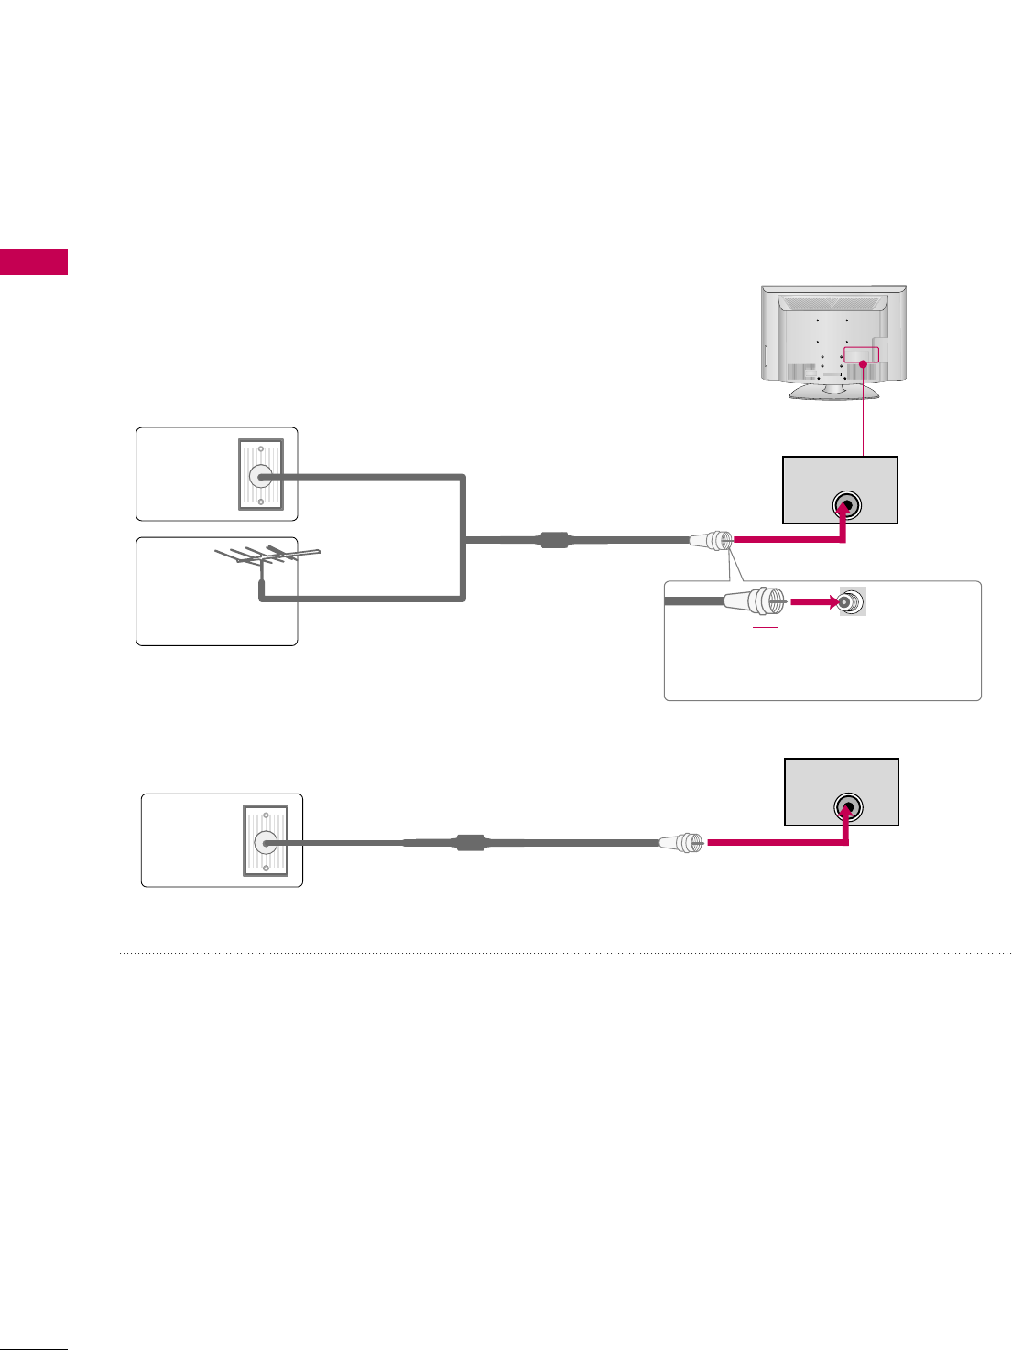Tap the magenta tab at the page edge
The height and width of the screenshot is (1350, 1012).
pos(34,261)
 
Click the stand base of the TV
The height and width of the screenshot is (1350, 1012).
pos(833,391)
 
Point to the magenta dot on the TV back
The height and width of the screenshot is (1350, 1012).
pos(863,363)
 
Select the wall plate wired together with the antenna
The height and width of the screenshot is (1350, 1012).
pos(261,475)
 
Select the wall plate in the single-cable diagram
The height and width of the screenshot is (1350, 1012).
pos(266,841)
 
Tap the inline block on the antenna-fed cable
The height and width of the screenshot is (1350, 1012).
pos(554,540)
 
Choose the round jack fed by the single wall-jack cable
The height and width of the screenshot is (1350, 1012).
pos(849,808)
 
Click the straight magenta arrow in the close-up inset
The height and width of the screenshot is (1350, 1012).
pos(812,602)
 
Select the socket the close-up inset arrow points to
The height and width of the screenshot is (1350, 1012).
pos(851,602)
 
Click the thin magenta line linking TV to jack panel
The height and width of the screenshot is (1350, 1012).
pos(864,412)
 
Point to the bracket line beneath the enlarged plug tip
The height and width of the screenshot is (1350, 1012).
pos(767,627)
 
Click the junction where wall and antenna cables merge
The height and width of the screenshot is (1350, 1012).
pos(466,540)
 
